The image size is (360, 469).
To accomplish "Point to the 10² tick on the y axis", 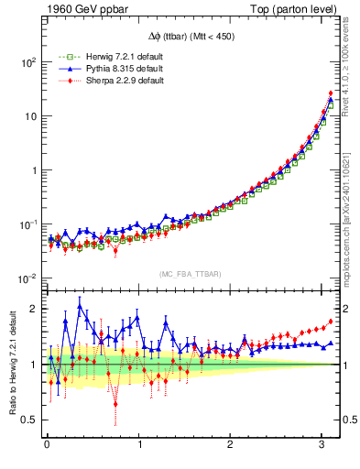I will [28, 62].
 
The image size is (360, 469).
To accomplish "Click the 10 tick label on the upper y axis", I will [30, 116].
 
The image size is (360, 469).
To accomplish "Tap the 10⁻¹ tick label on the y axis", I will [28, 224].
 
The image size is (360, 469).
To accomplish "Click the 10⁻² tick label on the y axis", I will [28, 278].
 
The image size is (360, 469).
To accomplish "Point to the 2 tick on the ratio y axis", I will [34, 309].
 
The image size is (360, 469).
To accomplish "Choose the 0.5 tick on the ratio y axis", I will [30, 420].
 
